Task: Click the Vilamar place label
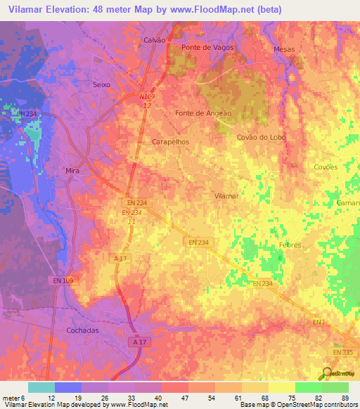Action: pyautogui.click(x=226, y=195)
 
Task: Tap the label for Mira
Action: pyautogui.click(x=71, y=171)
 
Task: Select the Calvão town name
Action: pyautogui.click(x=154, y=40)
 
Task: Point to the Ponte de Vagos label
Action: pyautogui.click(x=207, y=47)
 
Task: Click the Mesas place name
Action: pyautogui.click(x=285, y=49)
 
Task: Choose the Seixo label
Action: pyautogui.click(x=102, y=84)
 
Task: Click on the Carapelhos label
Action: pyautogui.click(x=170, y=141)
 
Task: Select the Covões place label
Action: pyautogui.click(x=325, y=167)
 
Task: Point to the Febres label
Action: pyautogui.click(x=289, y=245)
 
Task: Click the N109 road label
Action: pyautogui.click(x=146, y=98)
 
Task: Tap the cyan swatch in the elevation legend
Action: pyautogui.click(x=41, y=387)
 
